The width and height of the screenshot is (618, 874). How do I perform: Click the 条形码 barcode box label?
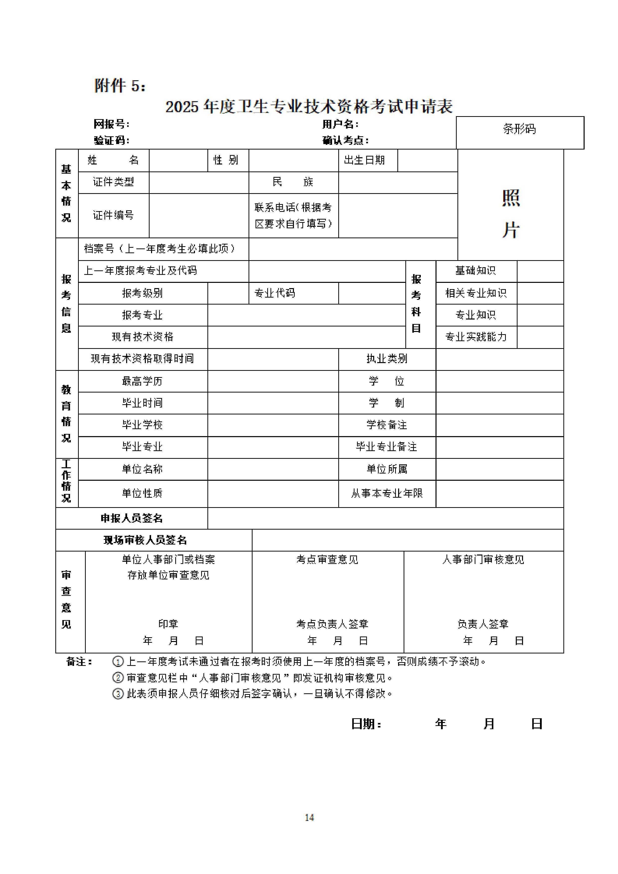(519, 129)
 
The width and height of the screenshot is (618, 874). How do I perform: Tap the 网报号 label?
(111, 124)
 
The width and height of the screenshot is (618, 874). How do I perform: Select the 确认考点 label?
(345, 141)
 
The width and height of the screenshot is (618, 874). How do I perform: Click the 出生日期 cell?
(364, 160)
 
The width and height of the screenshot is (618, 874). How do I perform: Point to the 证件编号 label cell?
(113, 216)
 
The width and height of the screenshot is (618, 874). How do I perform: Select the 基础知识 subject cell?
(476, 271)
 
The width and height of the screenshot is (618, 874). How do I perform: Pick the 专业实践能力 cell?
(476, 337)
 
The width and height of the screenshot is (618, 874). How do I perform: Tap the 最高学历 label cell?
(142, 381)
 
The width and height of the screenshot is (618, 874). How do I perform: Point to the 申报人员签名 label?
(131, 518)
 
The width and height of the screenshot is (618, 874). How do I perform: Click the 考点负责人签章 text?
(332, 624)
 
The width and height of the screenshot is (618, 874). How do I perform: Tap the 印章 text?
(168, 624)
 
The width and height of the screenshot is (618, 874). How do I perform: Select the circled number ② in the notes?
(118, 678)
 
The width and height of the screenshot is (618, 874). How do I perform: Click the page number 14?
(309, 817)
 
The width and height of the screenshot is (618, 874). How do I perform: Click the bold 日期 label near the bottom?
(365, 724)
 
